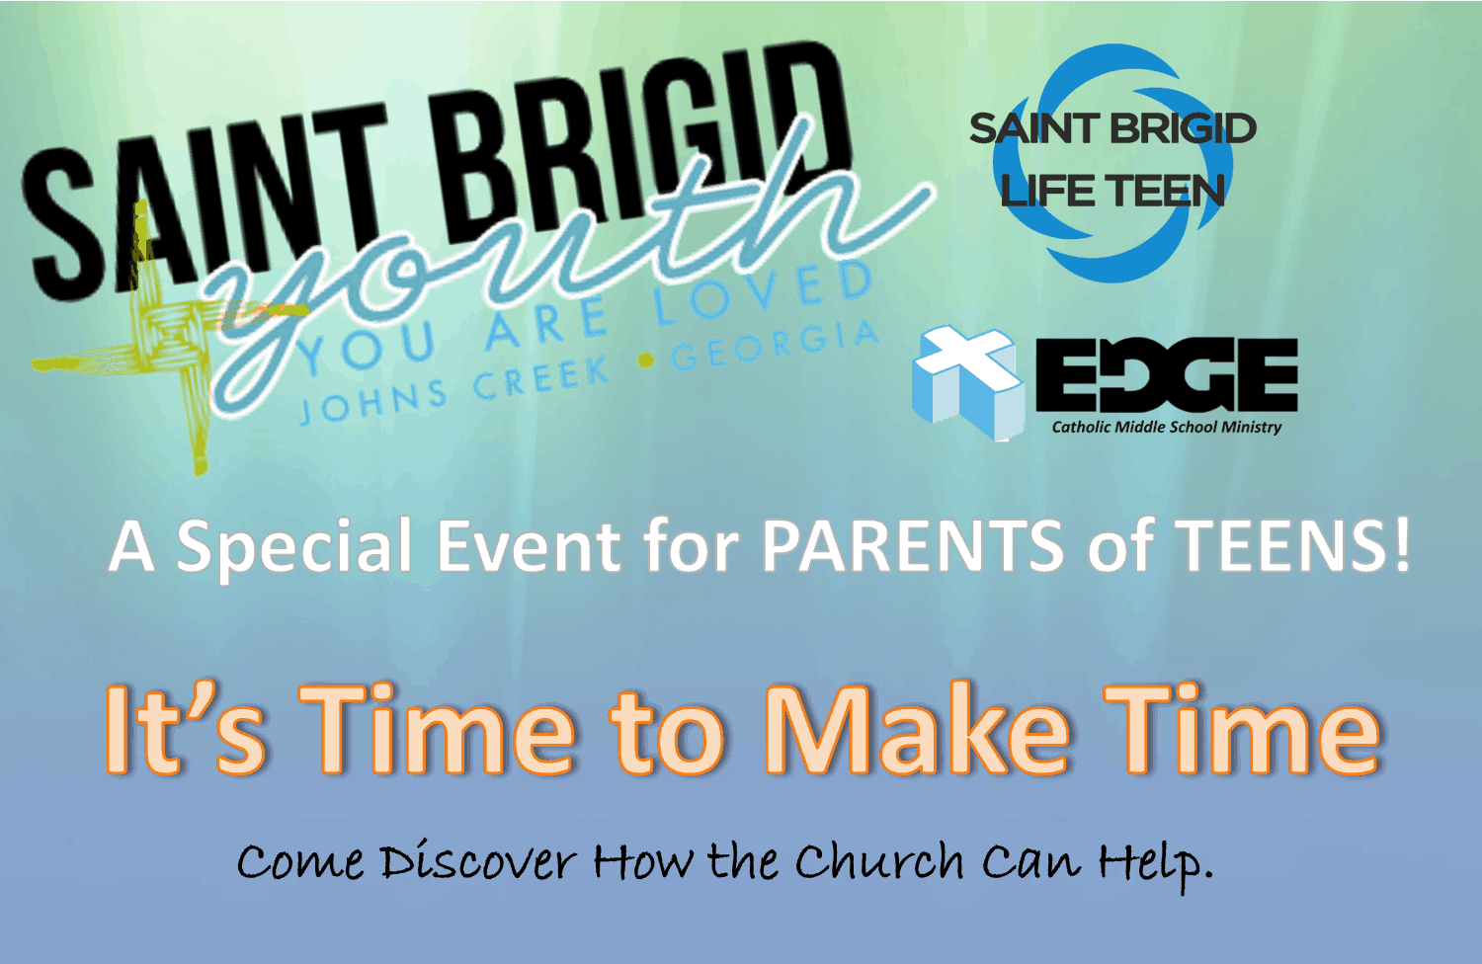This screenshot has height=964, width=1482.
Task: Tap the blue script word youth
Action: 569,265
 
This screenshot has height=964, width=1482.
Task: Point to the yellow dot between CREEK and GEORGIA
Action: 646,361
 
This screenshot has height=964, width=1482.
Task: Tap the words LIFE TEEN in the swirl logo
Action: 1112,191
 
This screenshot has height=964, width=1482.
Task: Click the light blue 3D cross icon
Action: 967,382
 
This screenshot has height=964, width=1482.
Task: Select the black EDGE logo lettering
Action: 1167,375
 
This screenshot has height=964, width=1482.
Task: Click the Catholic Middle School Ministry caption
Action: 1167,428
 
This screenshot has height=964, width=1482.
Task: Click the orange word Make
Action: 916,729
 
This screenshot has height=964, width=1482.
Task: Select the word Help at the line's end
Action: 1155,864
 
